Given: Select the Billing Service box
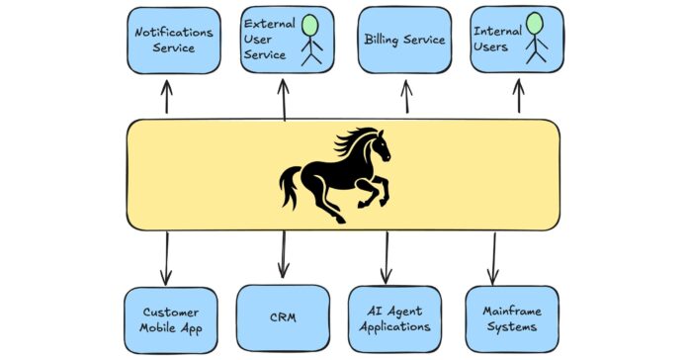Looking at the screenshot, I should point(404,40).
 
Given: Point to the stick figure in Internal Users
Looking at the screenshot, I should point(535,38).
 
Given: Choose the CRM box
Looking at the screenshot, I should point(283,318).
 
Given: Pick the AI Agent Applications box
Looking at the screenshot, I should point(394,318).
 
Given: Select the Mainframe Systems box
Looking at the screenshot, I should point(511,318).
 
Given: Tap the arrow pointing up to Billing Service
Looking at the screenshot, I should point(405,98).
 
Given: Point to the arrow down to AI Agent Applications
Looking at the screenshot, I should point(386,256).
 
